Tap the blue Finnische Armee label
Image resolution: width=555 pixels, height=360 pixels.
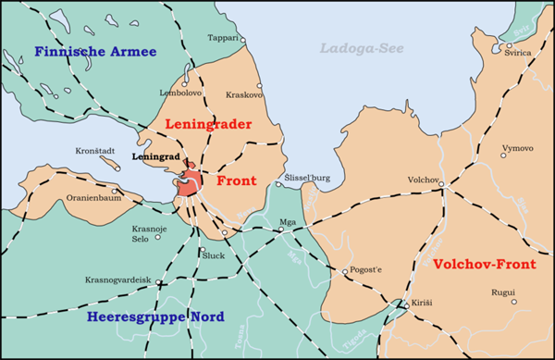(x=95, y=51)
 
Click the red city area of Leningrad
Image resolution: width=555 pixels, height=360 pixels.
(x=191, y=181)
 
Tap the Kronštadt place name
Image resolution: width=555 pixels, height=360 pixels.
(x=96, y=151)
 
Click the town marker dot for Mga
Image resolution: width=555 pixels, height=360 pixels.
(x=281, y=231)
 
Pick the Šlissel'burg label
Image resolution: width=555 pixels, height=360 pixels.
(x=306, y=176)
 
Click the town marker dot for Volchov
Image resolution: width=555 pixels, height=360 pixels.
(x=441, y=184)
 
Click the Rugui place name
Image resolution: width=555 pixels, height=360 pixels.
(x=502, y=293)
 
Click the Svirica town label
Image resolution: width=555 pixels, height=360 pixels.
(x=518, y=53)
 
